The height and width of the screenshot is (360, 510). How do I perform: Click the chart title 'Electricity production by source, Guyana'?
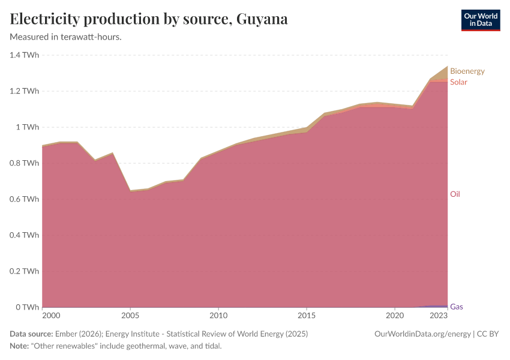149,19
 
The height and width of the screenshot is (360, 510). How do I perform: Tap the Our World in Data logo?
480,20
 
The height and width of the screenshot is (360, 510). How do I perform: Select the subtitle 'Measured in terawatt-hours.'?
66,37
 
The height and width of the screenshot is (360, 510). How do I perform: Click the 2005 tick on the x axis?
130,316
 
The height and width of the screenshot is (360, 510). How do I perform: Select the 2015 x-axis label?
307,316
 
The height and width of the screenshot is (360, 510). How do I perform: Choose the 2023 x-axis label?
439,316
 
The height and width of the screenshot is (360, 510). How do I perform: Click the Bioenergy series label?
467,71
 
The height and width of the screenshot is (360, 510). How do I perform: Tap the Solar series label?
458,82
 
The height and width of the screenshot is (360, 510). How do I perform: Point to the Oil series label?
455,194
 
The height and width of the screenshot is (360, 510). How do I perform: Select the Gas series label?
456,307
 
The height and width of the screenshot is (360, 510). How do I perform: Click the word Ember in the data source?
65,334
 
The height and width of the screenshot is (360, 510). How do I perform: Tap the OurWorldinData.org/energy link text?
422,334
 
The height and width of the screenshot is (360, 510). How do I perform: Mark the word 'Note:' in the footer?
20,346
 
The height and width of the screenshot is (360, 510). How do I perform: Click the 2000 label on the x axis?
51,316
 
